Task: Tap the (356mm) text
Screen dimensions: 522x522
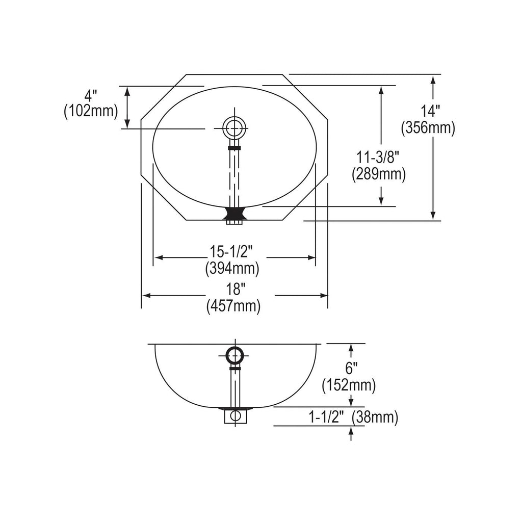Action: point(428,128)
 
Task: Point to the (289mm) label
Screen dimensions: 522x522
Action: point(379,174)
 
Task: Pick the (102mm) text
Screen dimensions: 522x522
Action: point(91,111)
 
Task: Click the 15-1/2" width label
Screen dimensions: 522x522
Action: point(232,251)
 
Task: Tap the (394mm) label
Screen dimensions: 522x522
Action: point(232,268)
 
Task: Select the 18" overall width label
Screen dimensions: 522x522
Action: point(234,289)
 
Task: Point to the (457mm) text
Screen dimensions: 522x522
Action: point(233,306)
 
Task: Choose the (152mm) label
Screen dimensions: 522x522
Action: point(349,385)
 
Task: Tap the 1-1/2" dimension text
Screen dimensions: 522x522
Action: point(326,417)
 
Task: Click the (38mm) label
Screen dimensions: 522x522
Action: point(375,417)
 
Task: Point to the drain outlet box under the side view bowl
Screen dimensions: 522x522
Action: point(236,416)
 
